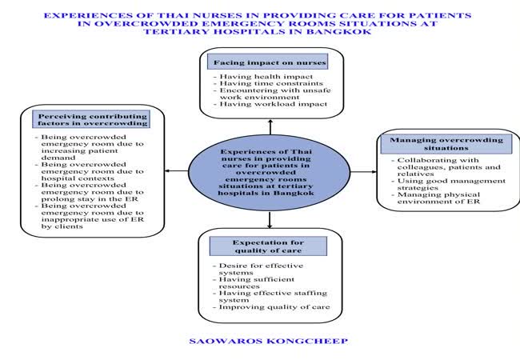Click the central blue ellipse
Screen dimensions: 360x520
click(270, 171)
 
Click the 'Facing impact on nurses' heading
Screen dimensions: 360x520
click(270, 62)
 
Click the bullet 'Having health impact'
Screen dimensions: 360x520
click(248, 77)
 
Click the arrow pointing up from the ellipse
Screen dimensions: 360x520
click(270, 126)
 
